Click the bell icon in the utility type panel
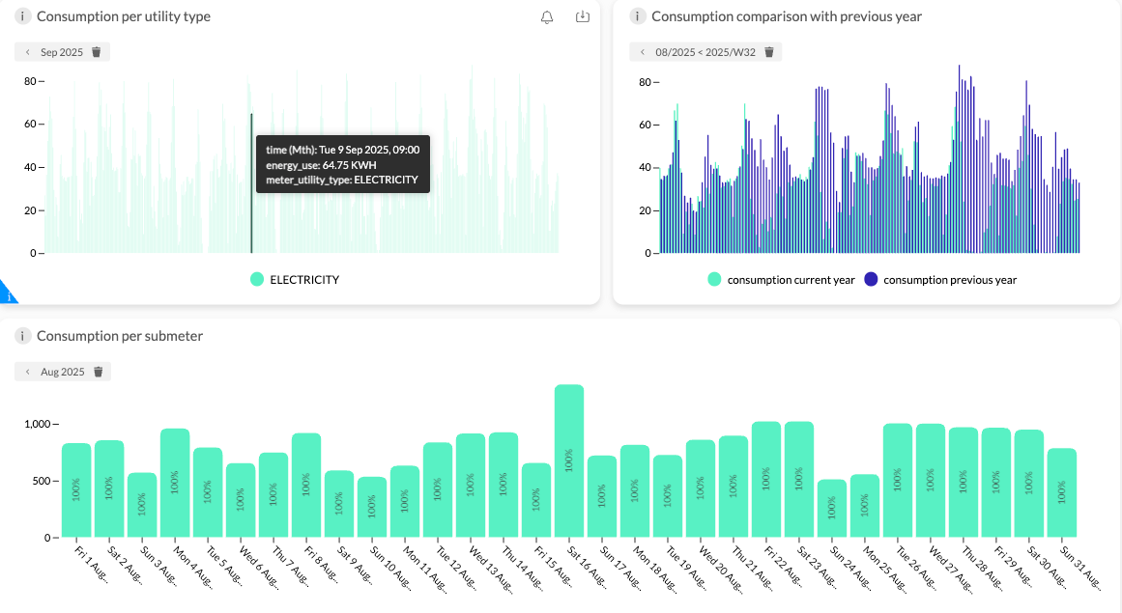[547, 17]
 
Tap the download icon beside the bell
[583, 16]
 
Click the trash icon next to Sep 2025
[97, 52]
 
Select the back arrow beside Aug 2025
[27, 372]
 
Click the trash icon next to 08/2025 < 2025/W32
[769, 52]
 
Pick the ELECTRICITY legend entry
[295, 279]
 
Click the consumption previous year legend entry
[940, 279]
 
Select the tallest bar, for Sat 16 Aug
[569, 460]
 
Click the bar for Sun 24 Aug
[831, 508]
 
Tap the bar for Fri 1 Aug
[76, 490]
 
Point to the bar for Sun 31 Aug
[1062, 492]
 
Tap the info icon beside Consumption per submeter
[23, 336]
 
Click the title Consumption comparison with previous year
[787, 16]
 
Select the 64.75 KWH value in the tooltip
[349, 165]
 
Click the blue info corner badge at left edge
[7, 293]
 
